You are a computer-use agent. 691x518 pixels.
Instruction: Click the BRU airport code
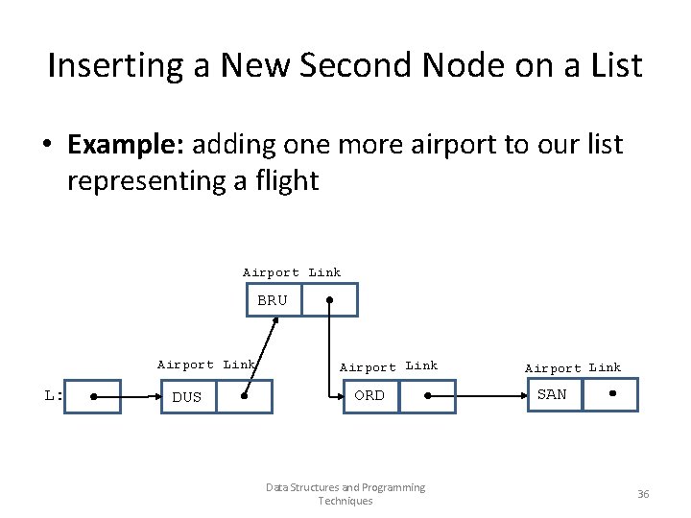[x=272, y=300]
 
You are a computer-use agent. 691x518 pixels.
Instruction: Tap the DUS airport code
[x=186, y=397]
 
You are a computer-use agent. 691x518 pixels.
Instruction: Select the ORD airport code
[x=369, y=395]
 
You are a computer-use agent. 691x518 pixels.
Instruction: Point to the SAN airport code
[x=551, y=394]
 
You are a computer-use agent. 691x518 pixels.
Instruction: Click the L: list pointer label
[x=54, y=394]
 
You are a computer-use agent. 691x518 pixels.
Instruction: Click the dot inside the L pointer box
[x=93, y=395]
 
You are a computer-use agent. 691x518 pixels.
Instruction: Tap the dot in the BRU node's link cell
[x=329, y=299]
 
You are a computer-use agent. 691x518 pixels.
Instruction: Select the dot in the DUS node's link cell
[x=245, y=395]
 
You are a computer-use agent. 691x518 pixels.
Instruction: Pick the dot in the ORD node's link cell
[x=428, y=395]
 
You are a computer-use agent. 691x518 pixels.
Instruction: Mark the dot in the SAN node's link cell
[x=610, y=394]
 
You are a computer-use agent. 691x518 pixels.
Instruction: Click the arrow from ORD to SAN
[x=480, y=395]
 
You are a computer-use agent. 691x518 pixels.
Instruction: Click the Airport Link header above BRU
[x=292, y=272]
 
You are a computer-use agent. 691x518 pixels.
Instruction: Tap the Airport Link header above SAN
[x=572, y=367]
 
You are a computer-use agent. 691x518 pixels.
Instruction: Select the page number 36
[x=643, y=494]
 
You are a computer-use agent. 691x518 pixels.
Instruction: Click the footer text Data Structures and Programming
[x=345, y=487]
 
